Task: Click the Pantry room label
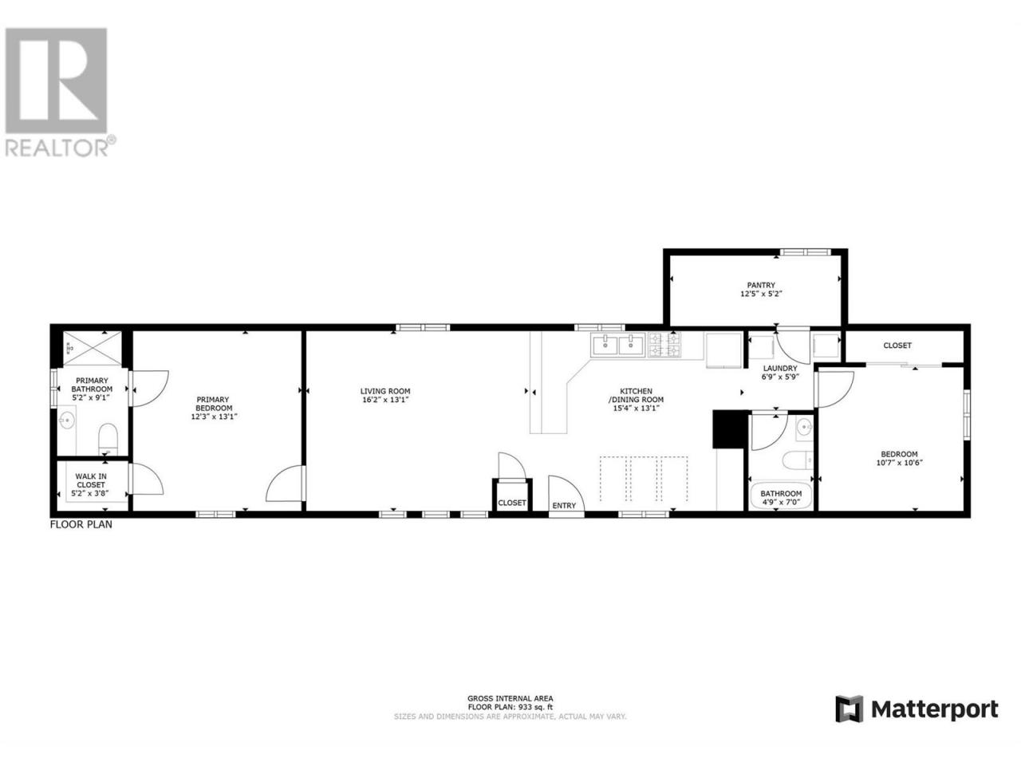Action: tap(761, 285)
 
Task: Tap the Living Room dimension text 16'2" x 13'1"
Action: tap(385, 400)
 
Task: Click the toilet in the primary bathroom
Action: tap(108, 439)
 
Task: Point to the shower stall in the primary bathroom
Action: tap(93, 348)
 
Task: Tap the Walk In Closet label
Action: tap(91, 480)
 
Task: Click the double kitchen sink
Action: tap(618, 345)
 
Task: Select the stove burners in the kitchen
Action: tap(664, 345)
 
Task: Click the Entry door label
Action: tap(564, 506)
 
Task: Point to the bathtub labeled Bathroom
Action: tap(781, 496)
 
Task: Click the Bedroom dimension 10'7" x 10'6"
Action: tap(899, 462)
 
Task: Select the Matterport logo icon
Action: tap(849, 722)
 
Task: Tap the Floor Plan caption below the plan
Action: tap(81, 524)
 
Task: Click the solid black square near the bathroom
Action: tap(729, 428)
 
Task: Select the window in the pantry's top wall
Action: tap(805, 252)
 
